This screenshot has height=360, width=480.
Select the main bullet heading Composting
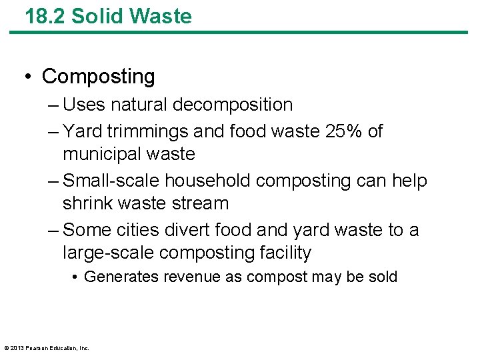(98, 77)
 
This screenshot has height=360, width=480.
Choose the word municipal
(100, 154)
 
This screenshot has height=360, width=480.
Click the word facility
(282, 253)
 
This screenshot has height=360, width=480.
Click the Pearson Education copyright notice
(47, 347)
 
